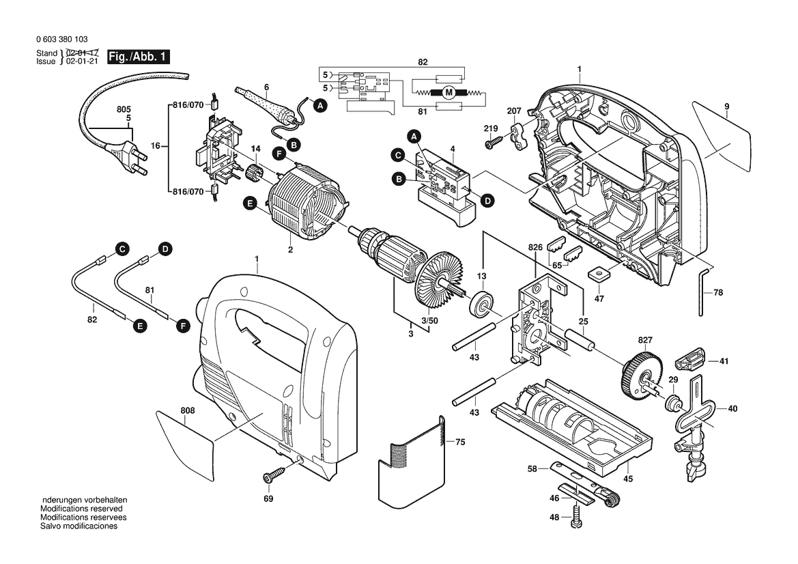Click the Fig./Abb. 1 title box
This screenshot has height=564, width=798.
139,57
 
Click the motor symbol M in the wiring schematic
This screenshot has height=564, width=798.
448,92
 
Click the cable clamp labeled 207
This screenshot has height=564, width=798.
519,135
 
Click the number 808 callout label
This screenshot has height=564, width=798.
187,410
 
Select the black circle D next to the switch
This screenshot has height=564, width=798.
487,201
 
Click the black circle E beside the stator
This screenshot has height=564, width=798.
250,203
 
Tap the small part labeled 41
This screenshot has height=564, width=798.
691,359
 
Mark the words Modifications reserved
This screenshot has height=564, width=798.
81,509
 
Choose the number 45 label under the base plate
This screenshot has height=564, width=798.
628,479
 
